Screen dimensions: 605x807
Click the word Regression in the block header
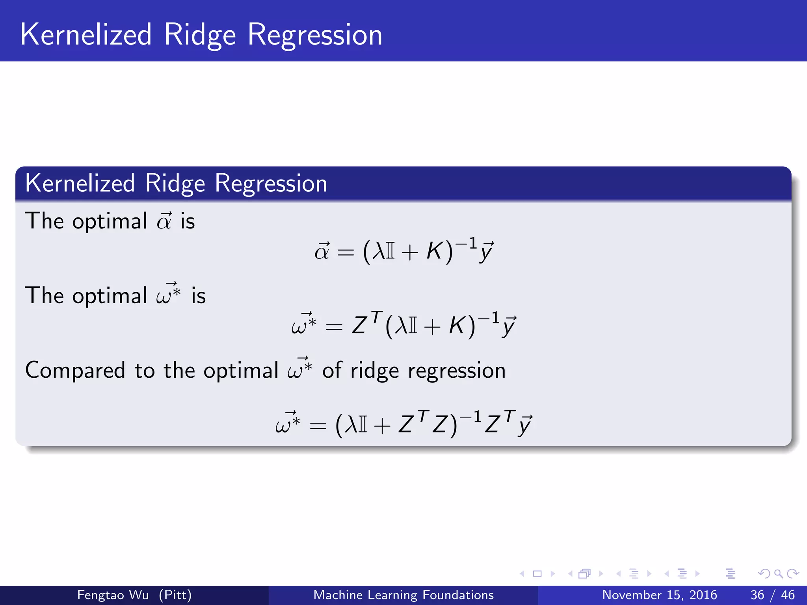(x=271, y=184)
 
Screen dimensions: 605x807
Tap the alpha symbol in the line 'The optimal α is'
(x=164, y=221)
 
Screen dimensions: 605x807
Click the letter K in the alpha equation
(x=435, y=251)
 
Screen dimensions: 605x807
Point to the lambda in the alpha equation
(x=379, y=251)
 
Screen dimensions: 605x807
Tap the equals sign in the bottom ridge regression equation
(x=318, y=426)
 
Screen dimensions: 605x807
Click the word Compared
(x=75, y=371)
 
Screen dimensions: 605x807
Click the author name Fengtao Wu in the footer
(x=113, y=595)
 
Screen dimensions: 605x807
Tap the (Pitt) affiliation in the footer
(x=175, y=595)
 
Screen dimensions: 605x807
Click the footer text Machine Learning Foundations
(x=403, y=595)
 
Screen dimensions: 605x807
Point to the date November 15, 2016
(x=659, y=595)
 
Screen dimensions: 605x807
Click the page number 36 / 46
(x=772, y=595)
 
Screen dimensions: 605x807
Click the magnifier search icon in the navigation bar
(x=778, y=574)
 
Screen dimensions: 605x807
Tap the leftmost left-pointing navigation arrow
(x=522, y=574)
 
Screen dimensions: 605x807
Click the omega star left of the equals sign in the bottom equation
(x=288, y=423)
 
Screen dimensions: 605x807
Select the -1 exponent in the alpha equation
(x=467, y=243)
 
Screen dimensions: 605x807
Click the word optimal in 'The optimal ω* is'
(x=110, y=296)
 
